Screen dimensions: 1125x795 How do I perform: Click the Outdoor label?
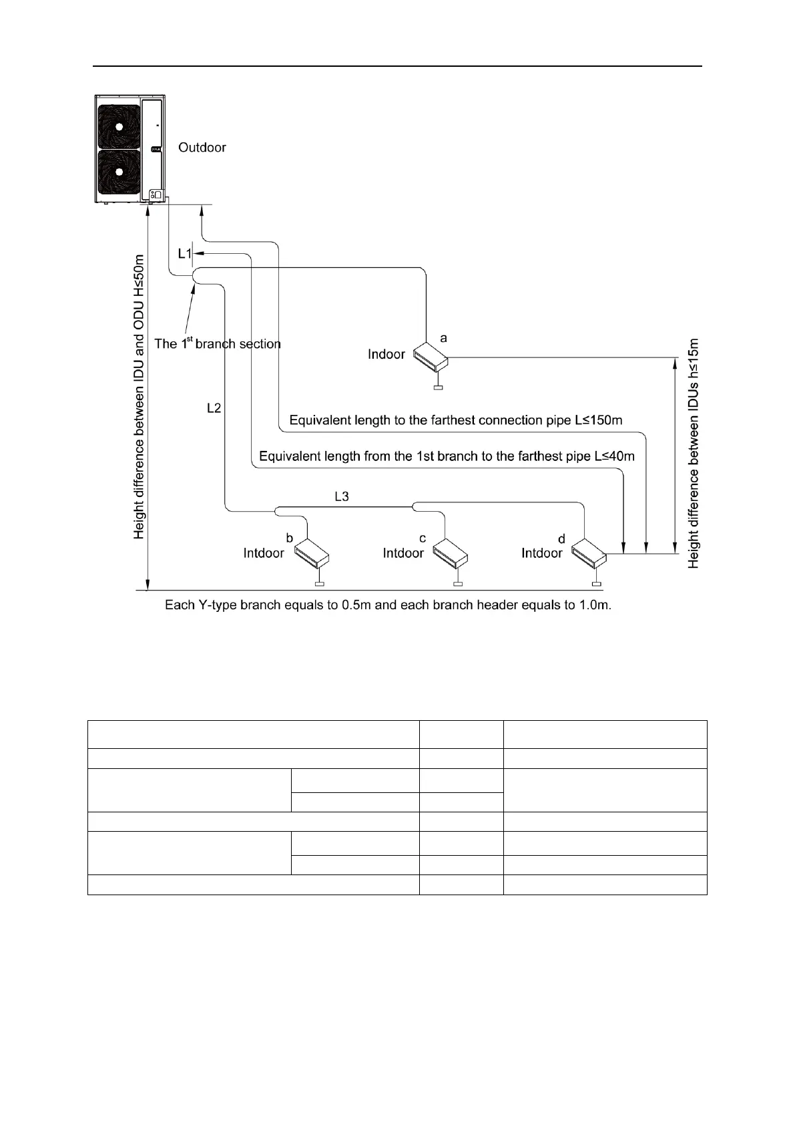tap(202, 148)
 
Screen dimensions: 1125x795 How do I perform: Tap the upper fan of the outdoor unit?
tap(119, 125)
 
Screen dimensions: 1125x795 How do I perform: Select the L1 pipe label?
tap(185, 254)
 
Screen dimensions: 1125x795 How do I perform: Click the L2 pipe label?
tap(214, 408)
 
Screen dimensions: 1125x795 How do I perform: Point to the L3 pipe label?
tap(341, 496)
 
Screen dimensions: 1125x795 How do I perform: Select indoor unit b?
tap(311, 552)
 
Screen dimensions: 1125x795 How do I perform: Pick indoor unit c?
tap(450, 552)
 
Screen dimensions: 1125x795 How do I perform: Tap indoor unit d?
tap(589, 551)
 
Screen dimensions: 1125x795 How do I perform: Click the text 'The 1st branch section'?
tap(218, 344)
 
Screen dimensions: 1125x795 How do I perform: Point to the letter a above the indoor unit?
tap(444, 339)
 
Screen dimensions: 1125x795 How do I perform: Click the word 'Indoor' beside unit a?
tap(386, 354)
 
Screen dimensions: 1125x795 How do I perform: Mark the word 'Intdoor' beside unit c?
tap(403, 553)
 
